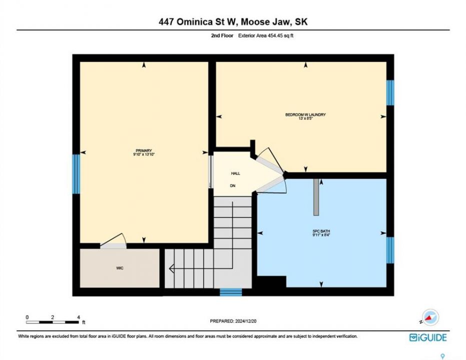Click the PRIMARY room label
[144, 150]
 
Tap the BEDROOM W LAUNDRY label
[305, 114]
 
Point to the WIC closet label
[120, 268]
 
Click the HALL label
[236, 173]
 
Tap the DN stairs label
[233, 186]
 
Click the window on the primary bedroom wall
[77, 174]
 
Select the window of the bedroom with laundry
[390, 92]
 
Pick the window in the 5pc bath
[390, 250]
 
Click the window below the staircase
[231, 292]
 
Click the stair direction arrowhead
[172, 269]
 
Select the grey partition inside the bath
[316, 197]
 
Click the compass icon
[430, 317]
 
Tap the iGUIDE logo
[428, 337]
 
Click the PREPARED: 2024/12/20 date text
[233, 321]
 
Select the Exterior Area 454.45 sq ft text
[266, 35]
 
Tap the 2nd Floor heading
[222, 35]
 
